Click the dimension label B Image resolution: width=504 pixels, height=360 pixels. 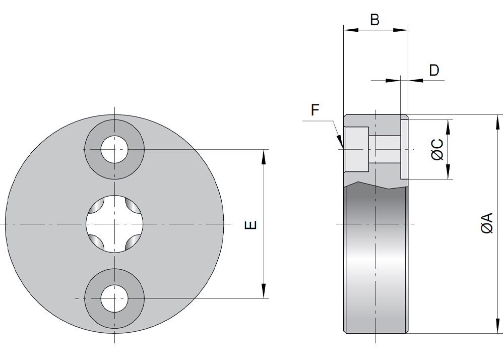(x=374, y=20)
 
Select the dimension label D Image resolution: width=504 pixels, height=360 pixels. (x=434, y=70)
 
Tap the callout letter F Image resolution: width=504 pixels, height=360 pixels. (x=316, y=110)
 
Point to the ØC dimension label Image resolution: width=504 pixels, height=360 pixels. (x=437, y=150)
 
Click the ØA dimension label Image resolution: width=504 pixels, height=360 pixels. (x=487, y=223)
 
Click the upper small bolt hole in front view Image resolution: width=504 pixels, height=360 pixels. (x=114, y=150)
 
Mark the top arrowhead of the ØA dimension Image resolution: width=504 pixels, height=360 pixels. (x=498, y=122)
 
